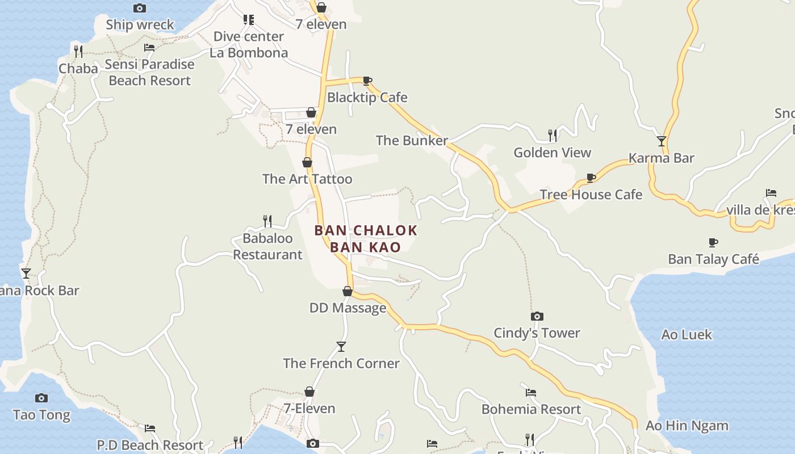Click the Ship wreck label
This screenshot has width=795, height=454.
(x=140, y=25)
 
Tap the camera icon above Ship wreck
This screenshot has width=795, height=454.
(x=140, y=8)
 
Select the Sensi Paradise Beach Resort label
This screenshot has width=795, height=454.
(x=149, y=72)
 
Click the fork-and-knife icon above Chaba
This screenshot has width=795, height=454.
(x=78, y=51)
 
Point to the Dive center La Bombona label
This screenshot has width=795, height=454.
(x=249, y=44)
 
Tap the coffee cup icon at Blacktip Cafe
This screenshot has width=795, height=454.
(x=367, y=81)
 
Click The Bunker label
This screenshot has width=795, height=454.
(x=412, y=140)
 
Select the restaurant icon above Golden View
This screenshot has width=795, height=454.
(x=553, y=135)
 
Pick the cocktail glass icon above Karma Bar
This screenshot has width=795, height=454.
(x=662, y=141)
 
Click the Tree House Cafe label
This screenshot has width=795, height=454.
(x=591, y=195)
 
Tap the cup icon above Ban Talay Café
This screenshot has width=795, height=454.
(x=713, y=243)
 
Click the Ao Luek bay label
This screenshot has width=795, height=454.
(x=687, y=335)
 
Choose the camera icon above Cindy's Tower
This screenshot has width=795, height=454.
(x=537, y=316)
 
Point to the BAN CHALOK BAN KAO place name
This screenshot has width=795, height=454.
(x=366, y=238)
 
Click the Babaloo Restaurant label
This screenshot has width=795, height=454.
(x=267, y=246)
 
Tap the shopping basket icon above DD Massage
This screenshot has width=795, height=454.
(x=348, y=291)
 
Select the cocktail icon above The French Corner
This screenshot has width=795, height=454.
(x=341, y=346)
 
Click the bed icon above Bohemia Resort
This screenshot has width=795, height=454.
(x=531, y=392)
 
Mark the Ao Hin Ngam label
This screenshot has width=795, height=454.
(x=687, y=426)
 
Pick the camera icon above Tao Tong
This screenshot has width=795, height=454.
(x=41, y=398)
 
